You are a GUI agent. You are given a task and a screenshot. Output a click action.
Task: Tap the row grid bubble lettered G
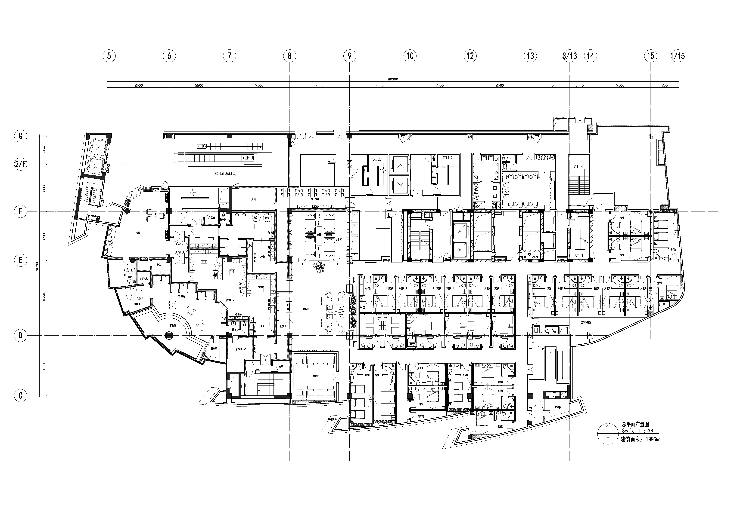(x=20, y=136)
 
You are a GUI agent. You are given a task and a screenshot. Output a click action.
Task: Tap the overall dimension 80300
(x=393, y=79)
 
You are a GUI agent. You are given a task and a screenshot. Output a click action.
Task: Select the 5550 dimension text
(x=550, y=86)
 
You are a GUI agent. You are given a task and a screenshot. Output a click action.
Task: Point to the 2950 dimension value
(x=579, y=86)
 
